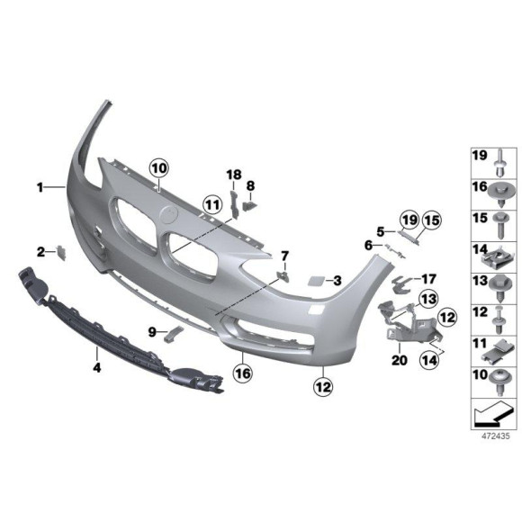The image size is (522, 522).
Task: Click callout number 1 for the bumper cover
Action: [x=40, y=187]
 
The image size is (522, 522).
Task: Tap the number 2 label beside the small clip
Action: [x=40, y=251]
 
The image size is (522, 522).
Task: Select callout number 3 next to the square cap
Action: [x=336, y=281]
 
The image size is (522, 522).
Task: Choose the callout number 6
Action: [x=368, y=245]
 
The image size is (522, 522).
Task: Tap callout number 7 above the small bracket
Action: [x=284, y=256]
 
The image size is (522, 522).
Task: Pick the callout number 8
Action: [x=251, y=186]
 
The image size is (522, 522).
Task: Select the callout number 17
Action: [x=428, y=279]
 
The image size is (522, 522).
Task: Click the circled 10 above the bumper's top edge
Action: [x=159, y=167]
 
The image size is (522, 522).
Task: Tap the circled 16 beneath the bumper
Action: [x=241, y=371]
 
